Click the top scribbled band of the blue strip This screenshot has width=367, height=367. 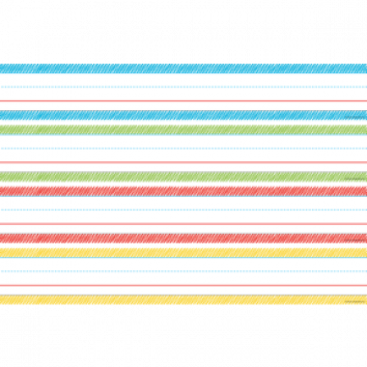tap(183, 69)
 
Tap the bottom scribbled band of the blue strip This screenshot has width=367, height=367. tap(183, 115)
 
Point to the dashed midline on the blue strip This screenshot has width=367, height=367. tap(183, 87)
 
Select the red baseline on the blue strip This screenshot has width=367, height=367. tap(183, 101)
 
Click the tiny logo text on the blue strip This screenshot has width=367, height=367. tap(354, 118)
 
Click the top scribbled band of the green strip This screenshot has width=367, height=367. tap(183, 128)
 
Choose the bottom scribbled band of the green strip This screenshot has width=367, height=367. tap(183, 177)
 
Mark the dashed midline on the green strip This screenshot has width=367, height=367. tap(183, 148)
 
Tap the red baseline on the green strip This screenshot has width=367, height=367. tap(183, 162)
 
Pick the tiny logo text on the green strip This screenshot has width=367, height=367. tap(354, 179)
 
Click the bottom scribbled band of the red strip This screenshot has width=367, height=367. tap(183, 238)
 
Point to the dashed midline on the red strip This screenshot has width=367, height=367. tap(183, 210)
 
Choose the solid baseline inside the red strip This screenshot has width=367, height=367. tap(183, 224)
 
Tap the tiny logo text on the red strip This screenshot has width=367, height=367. tap(354, 240)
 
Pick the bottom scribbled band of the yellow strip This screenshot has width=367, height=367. tap(183, 299)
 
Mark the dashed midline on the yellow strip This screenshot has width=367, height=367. tap(183, 270)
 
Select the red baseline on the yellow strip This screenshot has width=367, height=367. tap(183, 285)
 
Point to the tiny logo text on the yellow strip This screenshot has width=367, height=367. tap(354, 301)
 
